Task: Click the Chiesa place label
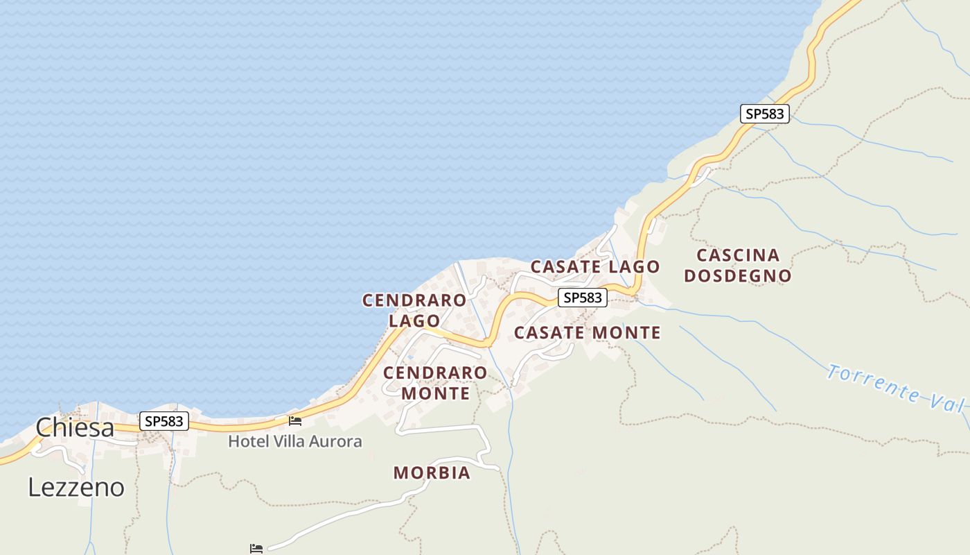[x=75, y=427]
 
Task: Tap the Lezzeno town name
[x=76, y=488]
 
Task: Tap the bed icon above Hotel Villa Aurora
[x=295, y=421]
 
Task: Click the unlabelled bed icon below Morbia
[x=256, y=548]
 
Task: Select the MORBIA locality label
[x=432, y=473]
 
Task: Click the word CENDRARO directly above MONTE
[x=435, y=373]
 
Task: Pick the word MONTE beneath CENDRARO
[x=435, y=393]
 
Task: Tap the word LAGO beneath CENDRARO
[x=414, y=321]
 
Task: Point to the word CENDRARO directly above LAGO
[x=414, y=300]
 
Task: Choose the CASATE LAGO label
[x=595, y=266]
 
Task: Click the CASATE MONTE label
[x=587, y=333]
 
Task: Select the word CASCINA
[x=738, y=255]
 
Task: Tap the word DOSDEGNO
[x=738, y=276]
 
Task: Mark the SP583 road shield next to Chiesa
[x=164, y=420]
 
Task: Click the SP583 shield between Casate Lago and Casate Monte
[x=583, y=298]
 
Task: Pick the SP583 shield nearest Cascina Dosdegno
[x=765, y=114]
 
